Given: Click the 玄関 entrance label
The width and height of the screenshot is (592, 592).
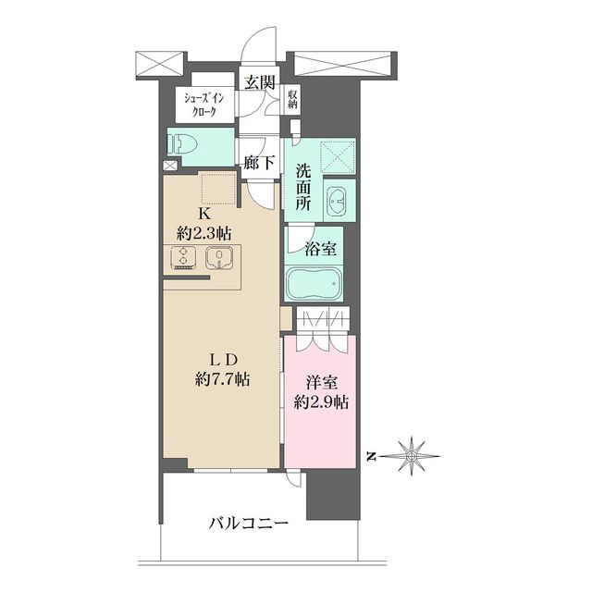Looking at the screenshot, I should [x=260, y=82].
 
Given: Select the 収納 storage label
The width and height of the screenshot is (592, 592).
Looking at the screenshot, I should [x=291, y=99].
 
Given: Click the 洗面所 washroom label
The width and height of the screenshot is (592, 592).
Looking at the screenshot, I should [x=303, y=186].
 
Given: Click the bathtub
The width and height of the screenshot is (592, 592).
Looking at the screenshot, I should [x=315, y=283].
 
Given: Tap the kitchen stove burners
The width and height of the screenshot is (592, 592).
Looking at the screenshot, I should [x=182, y=259].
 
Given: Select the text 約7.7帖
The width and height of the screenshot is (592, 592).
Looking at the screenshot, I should [x=225, y=378].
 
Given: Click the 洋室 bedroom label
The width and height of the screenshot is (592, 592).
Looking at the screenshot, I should [x=319, y=382].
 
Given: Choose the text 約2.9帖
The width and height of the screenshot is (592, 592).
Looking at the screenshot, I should [x=321, y=402].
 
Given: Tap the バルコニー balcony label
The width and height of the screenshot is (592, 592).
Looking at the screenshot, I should [x=247, y=524].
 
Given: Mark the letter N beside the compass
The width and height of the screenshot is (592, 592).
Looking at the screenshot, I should [x=370, y=455].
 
